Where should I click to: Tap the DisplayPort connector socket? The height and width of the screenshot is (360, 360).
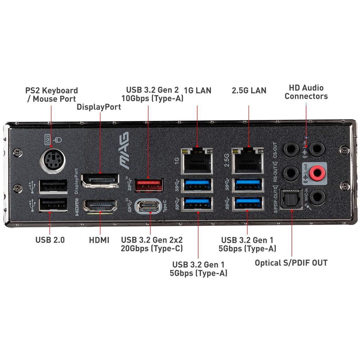click(x=99, y=180)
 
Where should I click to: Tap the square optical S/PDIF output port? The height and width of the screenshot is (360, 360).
click(x=291, y=199)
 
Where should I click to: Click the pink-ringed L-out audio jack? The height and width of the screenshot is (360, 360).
click(x=319, y=172)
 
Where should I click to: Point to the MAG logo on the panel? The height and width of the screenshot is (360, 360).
click(x=124, y=148)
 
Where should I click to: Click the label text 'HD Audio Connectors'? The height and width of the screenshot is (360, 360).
click(x=306, y=92)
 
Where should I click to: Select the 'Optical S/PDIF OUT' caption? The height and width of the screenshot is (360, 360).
click(x=291, y=263)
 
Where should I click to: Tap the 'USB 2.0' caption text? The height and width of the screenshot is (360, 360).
click(x=50, y=240)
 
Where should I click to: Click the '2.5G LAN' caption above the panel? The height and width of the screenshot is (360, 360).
click(x=249, y=90)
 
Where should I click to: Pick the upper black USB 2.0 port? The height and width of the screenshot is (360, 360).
click(x=53, y=186)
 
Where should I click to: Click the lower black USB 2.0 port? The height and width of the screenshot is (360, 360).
click(x=53, y=205)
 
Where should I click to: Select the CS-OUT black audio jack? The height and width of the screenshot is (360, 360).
click(x=291, y=149)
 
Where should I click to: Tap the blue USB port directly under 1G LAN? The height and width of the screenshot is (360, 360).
click(x=197, y=185)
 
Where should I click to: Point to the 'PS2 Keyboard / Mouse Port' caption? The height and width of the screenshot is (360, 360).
click(x=52, y=95)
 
